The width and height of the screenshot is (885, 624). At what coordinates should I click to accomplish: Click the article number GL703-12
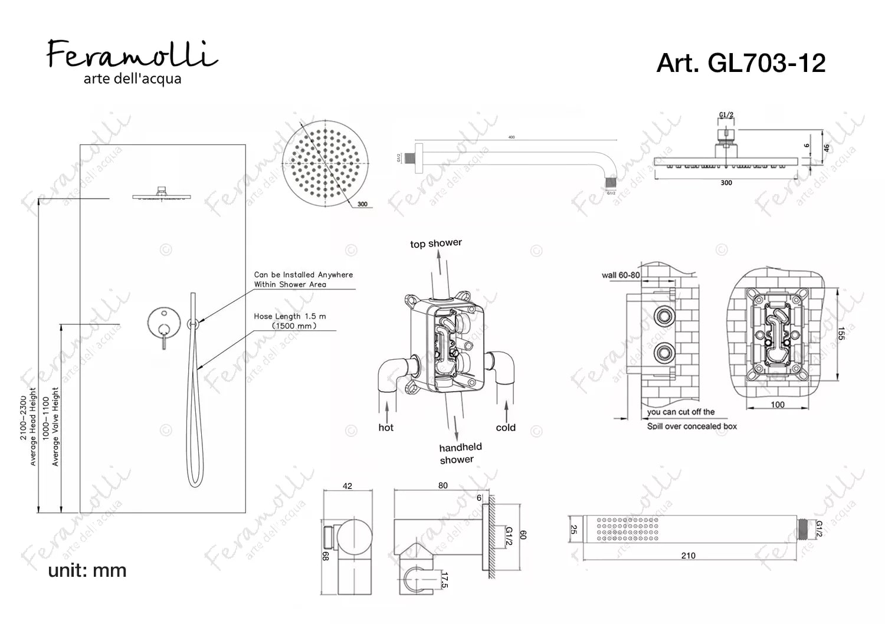(x=740, y=63)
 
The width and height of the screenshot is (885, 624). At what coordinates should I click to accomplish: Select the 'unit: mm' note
(x=87, y=570)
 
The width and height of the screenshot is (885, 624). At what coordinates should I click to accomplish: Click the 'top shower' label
(x=436, y=244)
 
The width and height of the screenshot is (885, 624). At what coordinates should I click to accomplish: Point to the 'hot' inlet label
(x=386, y=428)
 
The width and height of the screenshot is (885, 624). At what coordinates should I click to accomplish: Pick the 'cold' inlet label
(x=506, y=428)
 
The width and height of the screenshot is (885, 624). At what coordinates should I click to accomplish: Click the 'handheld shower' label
(x=460, y=454)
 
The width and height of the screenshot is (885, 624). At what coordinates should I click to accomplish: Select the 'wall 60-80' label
(x=620, y=275)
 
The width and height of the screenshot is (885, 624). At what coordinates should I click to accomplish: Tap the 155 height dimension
(x=841, y=333)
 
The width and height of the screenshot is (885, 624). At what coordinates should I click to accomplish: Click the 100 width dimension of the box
(x=778, y=405)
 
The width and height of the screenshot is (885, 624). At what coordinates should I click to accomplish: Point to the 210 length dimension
(x=688, y=556)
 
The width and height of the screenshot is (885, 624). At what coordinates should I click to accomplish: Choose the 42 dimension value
(x=348, y=486)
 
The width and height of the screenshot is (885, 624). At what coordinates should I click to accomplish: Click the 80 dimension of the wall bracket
(x=443, y=485)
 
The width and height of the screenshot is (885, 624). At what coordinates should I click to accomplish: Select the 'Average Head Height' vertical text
(x=33, y=426)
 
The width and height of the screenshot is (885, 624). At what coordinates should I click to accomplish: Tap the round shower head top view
(x=320, y=160)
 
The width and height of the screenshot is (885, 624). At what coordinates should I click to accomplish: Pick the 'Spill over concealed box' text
(x=691, y=426)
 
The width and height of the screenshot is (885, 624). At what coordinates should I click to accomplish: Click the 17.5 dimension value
(x=444, y=580)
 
